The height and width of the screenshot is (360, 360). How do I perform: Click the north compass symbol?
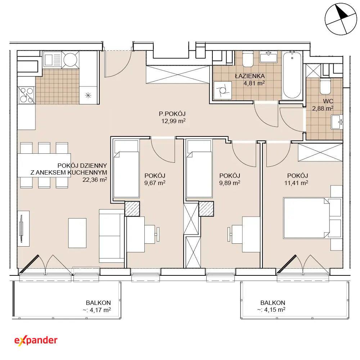(x=341, y=19)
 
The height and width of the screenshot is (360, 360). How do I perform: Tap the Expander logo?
(x=36, y=341)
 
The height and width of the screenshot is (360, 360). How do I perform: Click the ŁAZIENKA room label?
(x=250, y=76)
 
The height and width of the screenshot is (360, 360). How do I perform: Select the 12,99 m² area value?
(x=174, y=121)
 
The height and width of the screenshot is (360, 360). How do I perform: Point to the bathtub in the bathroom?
(x=292, y=75)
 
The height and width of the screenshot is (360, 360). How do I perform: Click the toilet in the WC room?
(x=325, y=86)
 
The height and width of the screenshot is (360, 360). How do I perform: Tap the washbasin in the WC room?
(x=337, y=122)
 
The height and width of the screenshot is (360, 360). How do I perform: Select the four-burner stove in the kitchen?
(x=26, y=95)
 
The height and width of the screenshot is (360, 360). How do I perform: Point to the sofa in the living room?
(x=112, y=236)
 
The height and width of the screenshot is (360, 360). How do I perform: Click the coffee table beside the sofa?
(x=77, y=233)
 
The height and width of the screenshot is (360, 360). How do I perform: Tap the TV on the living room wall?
(x=21, y=229)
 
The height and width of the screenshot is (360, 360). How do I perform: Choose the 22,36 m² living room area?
(x=95, y=180)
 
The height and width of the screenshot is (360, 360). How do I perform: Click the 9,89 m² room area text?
(x=230, y=183)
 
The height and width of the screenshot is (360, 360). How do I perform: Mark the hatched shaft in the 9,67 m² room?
(x=132, y=208)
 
